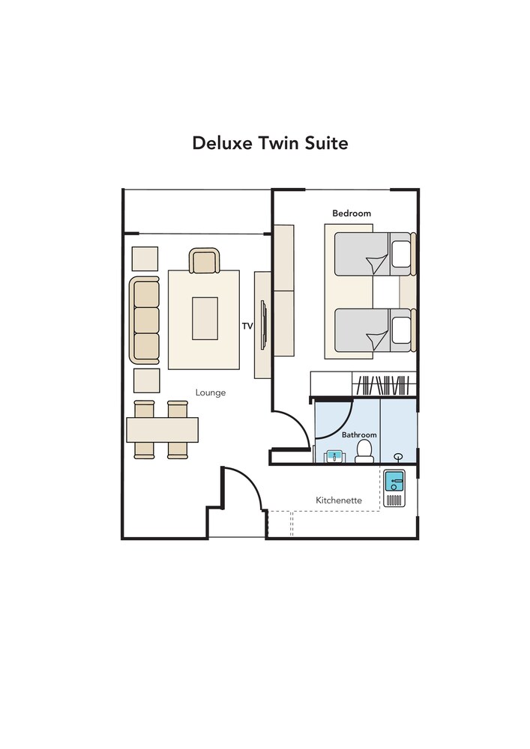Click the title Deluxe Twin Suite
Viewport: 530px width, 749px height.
pyautogui.click(x=270, y=143)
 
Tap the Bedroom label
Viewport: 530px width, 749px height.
pyautogui.click(x=352, y=213)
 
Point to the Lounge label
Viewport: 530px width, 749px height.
pyautogui.click(x=211, y=392)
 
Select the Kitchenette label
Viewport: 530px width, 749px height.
pyautogui.click(x=339, y=500)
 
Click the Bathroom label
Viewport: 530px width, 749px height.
pyautogui.click(x=359, y=434)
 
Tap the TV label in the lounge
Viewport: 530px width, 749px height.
pyautogui.click(x=247, y=327)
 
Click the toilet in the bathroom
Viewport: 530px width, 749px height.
pyautogui.click(x=364, y=451)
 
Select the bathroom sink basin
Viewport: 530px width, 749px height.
pyautogui.click(x=334, y=457)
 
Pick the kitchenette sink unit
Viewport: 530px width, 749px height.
pyautogui.click(x=394, y=488)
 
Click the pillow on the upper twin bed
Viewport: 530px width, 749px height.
pyautogui.click(x=401, y=254)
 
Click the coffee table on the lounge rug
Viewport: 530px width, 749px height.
pyautogui.click(x=205, y=318)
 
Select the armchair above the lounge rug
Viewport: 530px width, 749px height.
pyautogui.click(x=205, y=261)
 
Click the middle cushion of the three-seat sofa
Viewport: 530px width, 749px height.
pyautogui.click(x=146, y=320)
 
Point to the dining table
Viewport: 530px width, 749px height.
pyautogui.click(x=162, y=430)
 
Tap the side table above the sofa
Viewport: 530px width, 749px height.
pyautogui.click(x=145, y=258)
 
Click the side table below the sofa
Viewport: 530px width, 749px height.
pyautogui.click(x=147, y=380)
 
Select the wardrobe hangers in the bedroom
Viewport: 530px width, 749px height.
pyautogui.click(x=384, y=386)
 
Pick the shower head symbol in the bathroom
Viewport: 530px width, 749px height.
pyautogui.click(x=398, y=458)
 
